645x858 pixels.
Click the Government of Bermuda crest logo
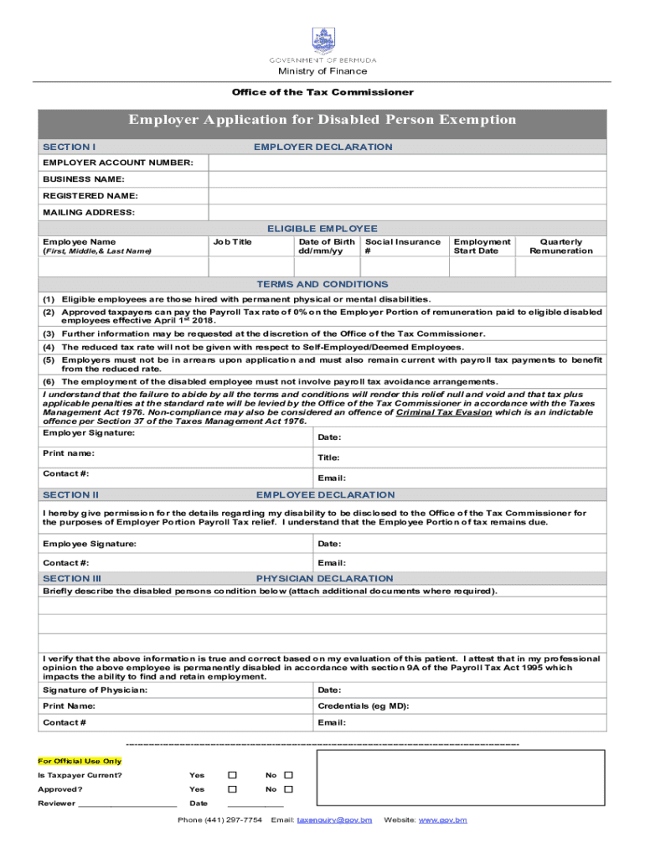tap(322, 40)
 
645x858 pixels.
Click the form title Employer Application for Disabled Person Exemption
tap(322, 120)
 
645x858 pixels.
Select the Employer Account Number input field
tap(407, 163)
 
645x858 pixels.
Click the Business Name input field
tap(407, 179)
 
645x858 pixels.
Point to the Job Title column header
tap(232, 242)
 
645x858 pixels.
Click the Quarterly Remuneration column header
tap(560, 246)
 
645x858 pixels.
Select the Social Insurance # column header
tap(402, 246)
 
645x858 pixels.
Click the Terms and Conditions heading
tap(322, 285)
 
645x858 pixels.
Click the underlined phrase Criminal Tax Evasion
tap(444, 413)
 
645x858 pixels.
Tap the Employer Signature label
tap(89, 432)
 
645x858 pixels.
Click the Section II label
tap(71, 495)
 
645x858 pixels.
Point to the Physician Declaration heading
tap(324, 579)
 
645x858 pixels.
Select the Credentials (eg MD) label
tap(363, 706)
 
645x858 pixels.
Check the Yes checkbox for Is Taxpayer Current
tap(233, 775)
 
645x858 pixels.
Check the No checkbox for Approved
tap(288, 789)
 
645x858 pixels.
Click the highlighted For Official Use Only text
tap(80, 762)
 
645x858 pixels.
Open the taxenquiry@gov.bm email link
tap(334, 819)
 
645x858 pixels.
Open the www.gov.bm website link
tap(442, 819)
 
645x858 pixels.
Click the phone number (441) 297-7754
tap(219, 819)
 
